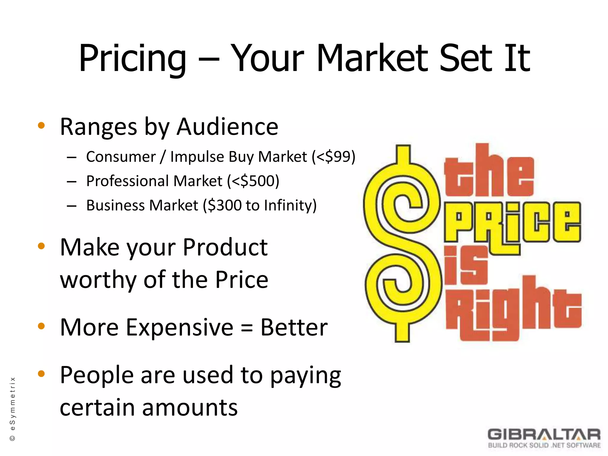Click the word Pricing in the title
coord(132,58)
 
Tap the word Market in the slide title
coord(373,58)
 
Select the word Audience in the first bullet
coord(227,127)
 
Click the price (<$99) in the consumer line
coord(333,157)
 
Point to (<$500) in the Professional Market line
coord(253,181)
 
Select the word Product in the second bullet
coord(225,247)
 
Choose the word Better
coord(294,327)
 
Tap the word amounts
coord(190,408)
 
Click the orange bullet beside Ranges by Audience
coord(41,126)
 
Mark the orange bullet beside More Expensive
coord(41,326)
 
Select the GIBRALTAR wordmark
coord(544,435)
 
